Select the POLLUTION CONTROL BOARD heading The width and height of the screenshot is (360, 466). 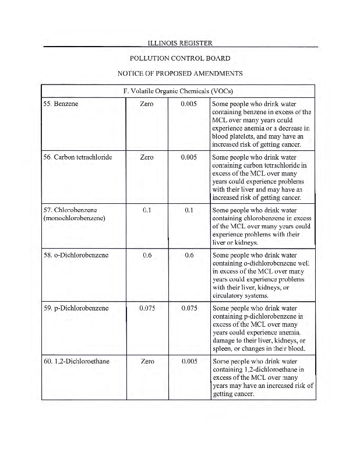[179, 58]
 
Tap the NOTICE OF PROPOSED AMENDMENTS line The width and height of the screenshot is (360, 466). [179, 73]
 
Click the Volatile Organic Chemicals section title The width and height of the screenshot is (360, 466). [179, 91]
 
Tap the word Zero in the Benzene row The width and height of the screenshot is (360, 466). [147, 104]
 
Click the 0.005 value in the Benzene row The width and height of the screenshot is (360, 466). [189, 104]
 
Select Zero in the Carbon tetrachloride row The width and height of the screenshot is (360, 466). [147, 157]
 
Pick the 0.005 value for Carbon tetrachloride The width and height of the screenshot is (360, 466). [189, 157]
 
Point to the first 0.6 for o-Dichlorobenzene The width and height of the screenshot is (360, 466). [147, 255]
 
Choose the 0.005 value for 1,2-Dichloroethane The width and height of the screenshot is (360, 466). [189, 361]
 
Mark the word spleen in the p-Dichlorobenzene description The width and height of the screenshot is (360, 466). [223, 349]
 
